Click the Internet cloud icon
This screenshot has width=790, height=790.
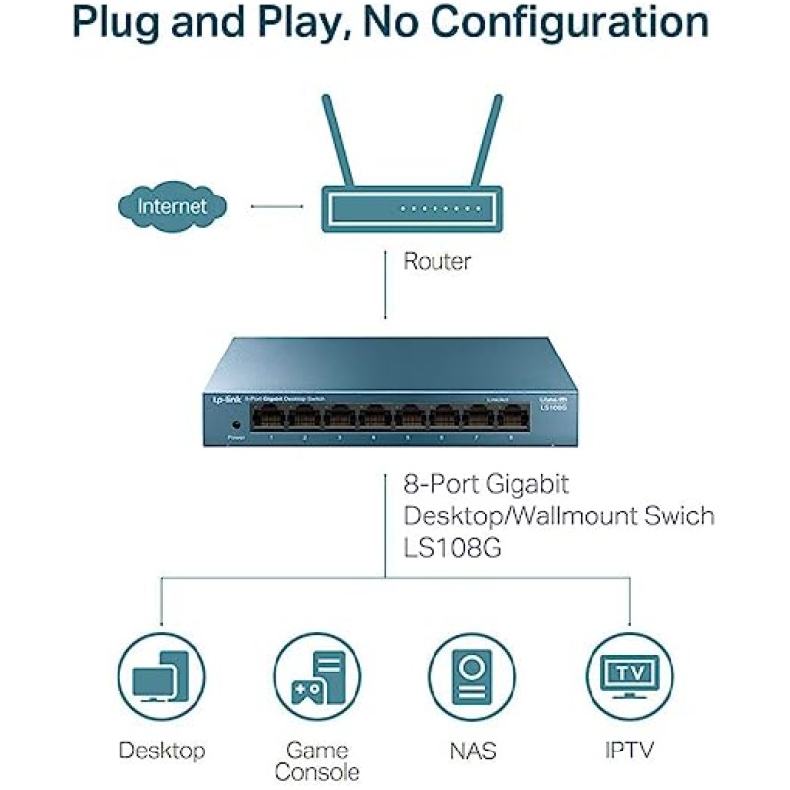click(173, 206)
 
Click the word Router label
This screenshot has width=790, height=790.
click(436, 262)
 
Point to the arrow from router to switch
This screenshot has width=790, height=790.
click(385, 286)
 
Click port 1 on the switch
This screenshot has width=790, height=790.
click(269, 418)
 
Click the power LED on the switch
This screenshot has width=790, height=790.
click(236, 425)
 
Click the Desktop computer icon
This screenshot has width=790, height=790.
click(161, 676)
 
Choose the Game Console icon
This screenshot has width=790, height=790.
click(317, 676)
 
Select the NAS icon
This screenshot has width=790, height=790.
click(472, 676)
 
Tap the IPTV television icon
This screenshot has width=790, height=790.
click(629, 676)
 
